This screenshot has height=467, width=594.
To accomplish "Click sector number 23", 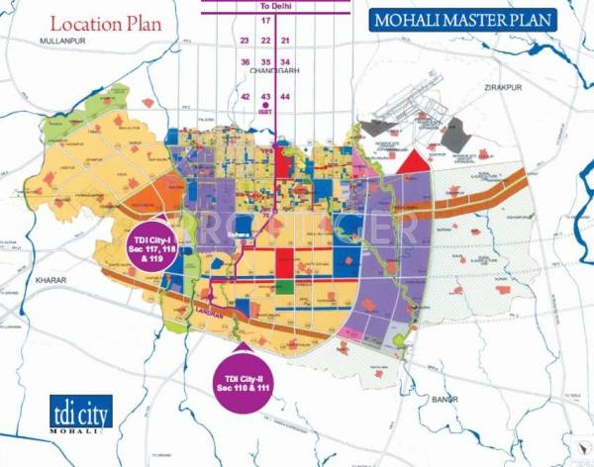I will click(245, 41).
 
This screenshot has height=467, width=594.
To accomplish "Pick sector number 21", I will click(285, 41).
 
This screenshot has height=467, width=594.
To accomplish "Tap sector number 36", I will click(245, 61).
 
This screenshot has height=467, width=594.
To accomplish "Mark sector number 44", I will click(285, 97).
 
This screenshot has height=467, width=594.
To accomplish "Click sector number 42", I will click(245, 97).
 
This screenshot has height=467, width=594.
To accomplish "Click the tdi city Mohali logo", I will click(78, 415).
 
